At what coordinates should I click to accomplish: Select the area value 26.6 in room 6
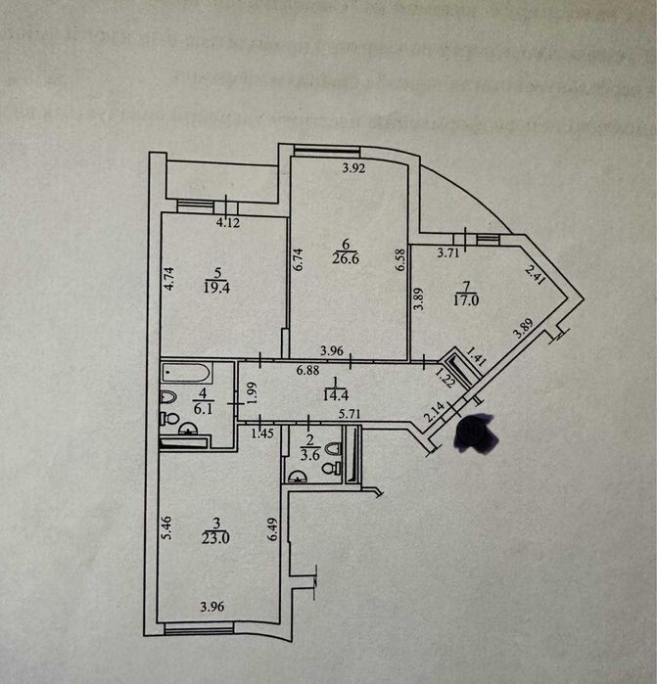click(x=345, y=260)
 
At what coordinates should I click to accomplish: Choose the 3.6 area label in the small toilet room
click(x=311, y=453)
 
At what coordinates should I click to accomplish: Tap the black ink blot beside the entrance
click(x=477, y=433)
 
